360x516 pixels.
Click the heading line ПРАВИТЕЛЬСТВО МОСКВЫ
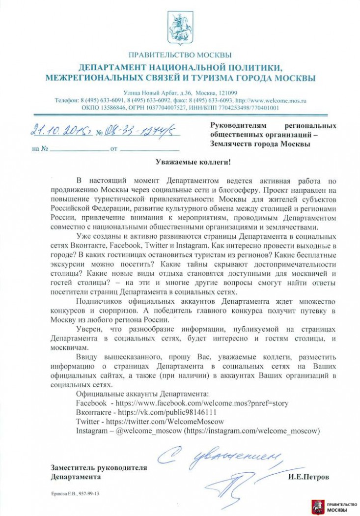tap(180, 55)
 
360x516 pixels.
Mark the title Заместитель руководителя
tap(99, 468)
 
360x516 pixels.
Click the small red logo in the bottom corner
tap(317, 507)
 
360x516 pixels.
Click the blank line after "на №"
tap(78, 148)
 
